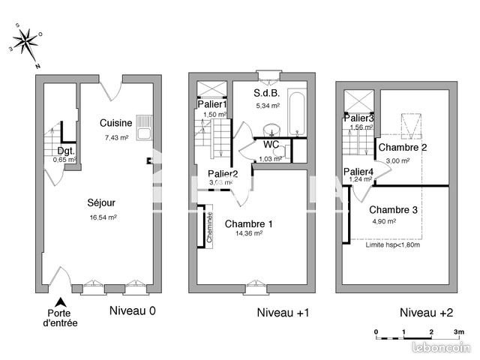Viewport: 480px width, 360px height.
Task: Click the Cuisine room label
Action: click(116, 123)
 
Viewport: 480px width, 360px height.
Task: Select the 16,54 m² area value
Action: click(104, 217)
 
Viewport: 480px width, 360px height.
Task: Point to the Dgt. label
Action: click(67, 151)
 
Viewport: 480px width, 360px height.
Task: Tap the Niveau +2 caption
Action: click(426, 312)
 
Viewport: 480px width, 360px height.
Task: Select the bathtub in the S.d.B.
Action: click(296, 114)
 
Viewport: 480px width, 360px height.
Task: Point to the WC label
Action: click(270, 145)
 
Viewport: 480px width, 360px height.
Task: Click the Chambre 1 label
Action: click(248, 223)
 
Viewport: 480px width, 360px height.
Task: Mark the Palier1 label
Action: click(211, 104)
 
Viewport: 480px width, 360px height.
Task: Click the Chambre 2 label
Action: click(403, 148)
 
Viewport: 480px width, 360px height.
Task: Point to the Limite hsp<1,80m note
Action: click(392, 244)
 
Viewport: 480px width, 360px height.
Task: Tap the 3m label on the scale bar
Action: click(459, 331)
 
